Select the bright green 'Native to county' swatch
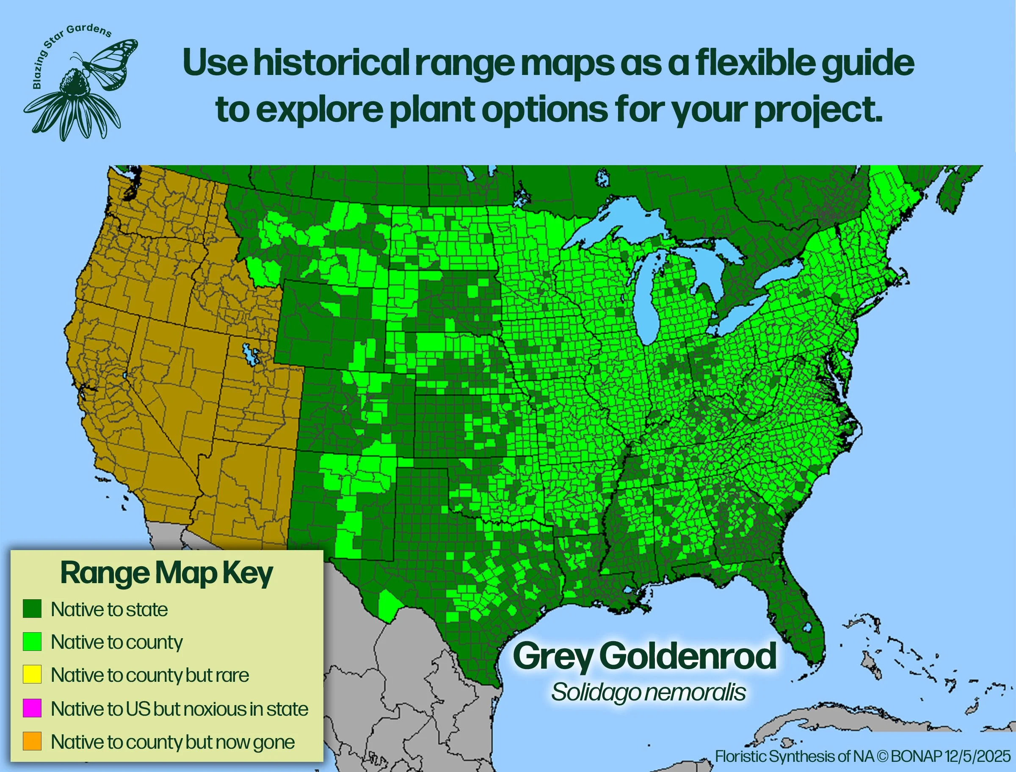(x=32, y=642)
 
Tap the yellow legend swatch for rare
(x=32, y=675)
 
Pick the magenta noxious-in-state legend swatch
(x=32, y=708)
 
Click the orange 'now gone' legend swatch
(x=32, y=741)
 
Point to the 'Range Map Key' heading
(x=167, y=573)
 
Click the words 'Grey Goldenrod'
(x=644, y=657)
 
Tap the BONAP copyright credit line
(x=863, y=756)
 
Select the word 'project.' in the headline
(x=818, y=110)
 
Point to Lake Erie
(x=740, y=317)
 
